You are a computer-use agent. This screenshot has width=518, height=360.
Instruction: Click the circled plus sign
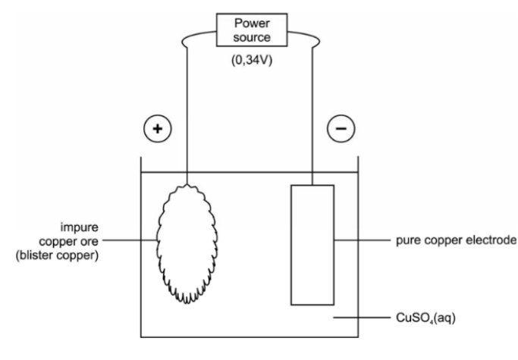158,129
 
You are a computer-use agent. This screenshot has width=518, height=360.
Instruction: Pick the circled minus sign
340,129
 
